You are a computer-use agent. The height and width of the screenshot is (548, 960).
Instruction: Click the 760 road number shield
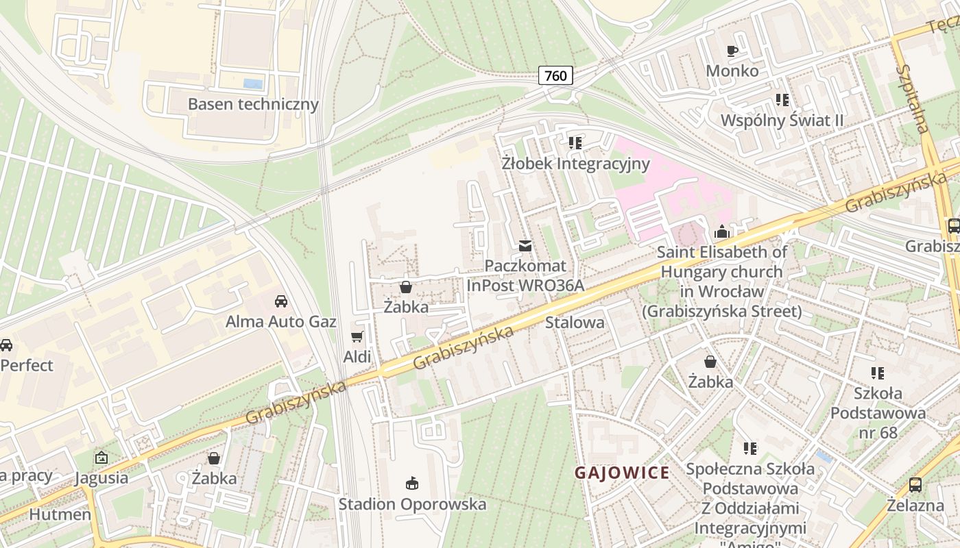(555, 75)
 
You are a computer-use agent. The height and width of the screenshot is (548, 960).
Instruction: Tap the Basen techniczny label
(253, 104)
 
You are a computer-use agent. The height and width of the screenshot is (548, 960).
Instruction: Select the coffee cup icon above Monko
(732, 51)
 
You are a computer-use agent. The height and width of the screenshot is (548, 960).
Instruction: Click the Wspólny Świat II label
(782, 121)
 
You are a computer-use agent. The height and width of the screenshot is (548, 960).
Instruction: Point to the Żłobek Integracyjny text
(575, 164)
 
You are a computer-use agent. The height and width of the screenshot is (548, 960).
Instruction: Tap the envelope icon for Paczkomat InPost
(525, 246)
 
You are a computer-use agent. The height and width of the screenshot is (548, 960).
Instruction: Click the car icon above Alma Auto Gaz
(280, 301)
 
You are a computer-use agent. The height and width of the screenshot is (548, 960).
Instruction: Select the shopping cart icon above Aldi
(357, 336)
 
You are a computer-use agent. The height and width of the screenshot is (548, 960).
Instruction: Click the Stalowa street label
(575, 322)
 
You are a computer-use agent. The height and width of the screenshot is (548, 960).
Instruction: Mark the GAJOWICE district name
(622, 473)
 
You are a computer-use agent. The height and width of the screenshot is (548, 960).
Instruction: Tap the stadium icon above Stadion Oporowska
(411, 484)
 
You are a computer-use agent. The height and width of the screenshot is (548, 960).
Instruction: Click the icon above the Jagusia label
(101, 458)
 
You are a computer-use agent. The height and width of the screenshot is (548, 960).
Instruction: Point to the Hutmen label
(60, 514)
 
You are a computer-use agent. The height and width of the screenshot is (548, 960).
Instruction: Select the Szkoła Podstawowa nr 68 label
(878, 413)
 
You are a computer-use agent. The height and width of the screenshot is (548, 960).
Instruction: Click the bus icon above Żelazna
(915, 485)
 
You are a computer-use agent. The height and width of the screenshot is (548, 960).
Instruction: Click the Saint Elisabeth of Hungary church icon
(721, 232)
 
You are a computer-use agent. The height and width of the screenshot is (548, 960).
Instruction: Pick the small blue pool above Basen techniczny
(253, 84)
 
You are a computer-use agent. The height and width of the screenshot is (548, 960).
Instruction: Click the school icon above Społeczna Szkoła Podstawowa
(750, 449)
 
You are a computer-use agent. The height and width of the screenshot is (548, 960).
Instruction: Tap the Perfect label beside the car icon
(27, 365)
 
